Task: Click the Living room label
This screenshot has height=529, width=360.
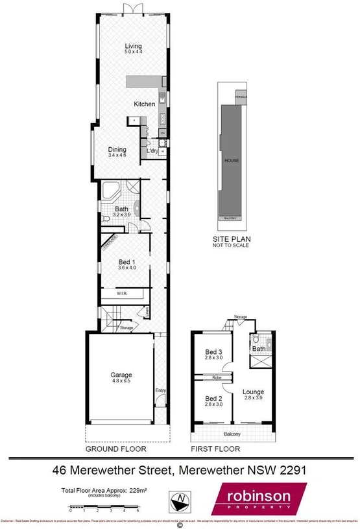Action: (134, 47)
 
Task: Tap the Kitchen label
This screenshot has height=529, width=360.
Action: (145, 104)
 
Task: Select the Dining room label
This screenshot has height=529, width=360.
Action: (117, 149)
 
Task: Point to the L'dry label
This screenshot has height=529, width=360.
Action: (152, 151)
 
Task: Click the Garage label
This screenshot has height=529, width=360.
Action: (121, 375)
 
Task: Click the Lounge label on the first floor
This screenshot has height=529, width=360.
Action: (253, 392)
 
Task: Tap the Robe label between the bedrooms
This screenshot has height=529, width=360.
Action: (208, 377)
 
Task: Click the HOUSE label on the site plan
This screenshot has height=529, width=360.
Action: (232, 159)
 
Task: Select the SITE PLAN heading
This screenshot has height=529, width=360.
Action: (232, 239)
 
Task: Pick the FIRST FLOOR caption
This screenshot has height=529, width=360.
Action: (215, 449)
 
